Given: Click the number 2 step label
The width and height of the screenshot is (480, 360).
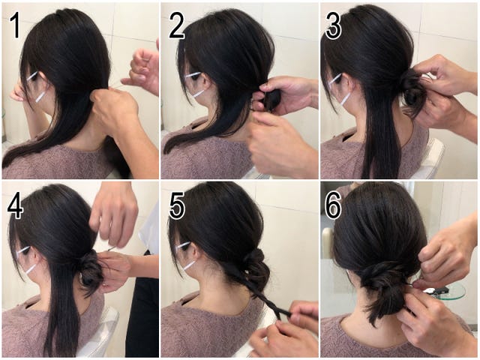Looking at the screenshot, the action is coord(177,25).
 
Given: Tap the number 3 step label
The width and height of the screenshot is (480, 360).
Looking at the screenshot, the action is coord(333,25).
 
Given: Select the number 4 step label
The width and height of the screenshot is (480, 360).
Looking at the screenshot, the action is coord(15,205).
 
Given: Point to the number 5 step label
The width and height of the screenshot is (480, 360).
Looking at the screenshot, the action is coord(177,206).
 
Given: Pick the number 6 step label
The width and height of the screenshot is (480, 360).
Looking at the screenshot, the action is coord(333,206).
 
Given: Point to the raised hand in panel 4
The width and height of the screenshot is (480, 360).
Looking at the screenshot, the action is coord(114,214).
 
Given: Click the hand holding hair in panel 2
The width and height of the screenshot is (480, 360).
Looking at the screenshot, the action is coord(285,95).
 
